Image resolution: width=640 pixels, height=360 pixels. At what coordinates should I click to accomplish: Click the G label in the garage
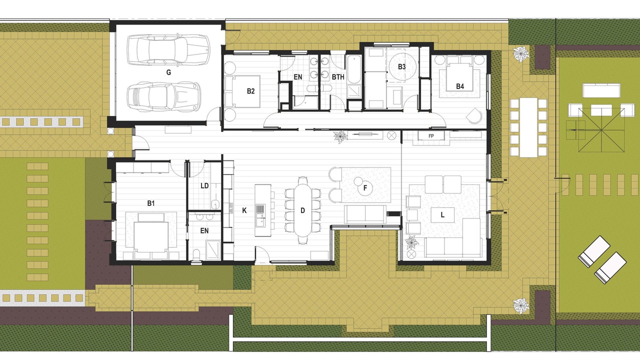(x=168, y=72)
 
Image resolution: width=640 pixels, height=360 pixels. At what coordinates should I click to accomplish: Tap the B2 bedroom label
(x=250, y=91)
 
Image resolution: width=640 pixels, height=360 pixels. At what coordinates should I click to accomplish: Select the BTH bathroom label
(x=338, y=77)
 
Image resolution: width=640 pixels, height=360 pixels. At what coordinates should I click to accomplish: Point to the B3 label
(x=401, y=66)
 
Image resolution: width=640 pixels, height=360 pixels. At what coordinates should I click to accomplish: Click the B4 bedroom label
(x=460, y=86)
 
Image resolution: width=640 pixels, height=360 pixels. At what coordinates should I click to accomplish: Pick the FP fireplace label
(x=431, y=136)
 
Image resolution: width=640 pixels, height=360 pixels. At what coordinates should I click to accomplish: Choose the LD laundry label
(x=204, y=185)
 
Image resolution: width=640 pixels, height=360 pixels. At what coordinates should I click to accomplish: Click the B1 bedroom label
(x=151, y=203)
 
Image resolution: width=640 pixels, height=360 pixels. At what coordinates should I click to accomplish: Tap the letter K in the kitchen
(x=244, y=210)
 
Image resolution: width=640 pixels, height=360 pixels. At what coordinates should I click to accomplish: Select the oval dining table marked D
(x=303, y=210)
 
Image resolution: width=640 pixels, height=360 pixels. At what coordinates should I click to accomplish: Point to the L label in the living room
(x=442, y=215)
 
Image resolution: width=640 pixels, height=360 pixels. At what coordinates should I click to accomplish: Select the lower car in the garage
(x=163, y=96)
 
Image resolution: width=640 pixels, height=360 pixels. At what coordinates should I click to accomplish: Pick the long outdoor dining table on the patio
(x=528, y=127)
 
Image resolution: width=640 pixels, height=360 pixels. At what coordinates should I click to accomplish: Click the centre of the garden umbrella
(x=601, y=130)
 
